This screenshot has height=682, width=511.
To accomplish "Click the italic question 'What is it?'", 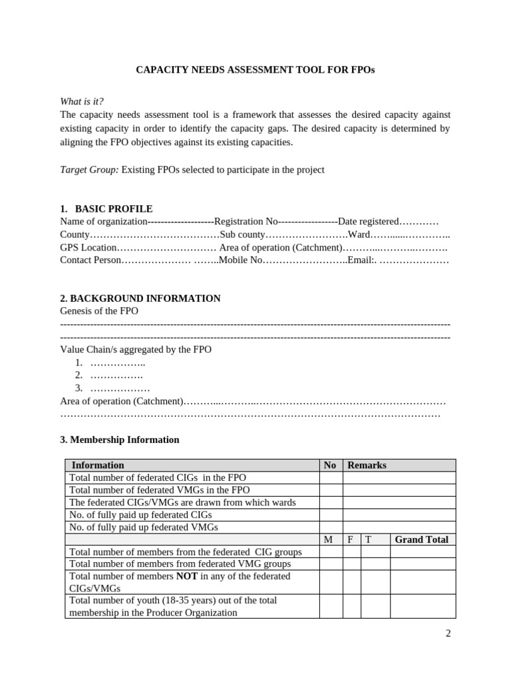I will point(82,101).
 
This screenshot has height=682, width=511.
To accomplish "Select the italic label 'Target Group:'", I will point(89,170).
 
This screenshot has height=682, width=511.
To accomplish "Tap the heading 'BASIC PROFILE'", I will point(114,208).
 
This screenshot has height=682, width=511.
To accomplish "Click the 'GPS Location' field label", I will point(88,247).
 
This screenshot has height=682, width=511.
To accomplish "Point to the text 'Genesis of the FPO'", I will point(99,311).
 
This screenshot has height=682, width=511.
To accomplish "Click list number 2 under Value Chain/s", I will point(79,375).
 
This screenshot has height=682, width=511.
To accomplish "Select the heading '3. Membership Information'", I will point(120,440).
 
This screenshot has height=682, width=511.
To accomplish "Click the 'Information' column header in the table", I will point(98,465).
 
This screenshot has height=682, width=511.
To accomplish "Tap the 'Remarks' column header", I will point(367,465).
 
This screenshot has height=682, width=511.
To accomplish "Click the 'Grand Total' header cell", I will point(422,539).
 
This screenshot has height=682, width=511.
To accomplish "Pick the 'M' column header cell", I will point(328,539).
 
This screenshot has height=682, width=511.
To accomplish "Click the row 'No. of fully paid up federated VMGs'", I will point(144,527).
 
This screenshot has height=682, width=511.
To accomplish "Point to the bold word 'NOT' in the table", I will point(187,576).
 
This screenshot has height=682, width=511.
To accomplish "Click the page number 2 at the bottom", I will point(448,633).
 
